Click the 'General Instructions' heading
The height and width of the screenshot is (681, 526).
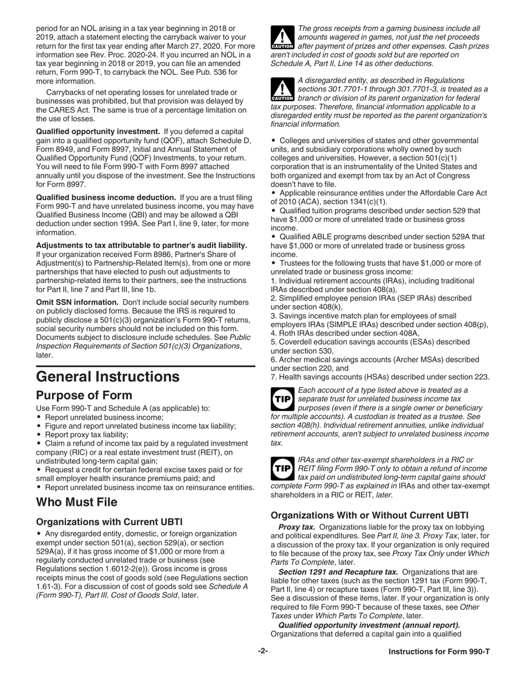click(x=107, y=377)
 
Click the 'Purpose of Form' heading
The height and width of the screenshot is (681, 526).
click(x=84, y=395)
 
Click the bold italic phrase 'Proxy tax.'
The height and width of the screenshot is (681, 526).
click(x=296, y=527)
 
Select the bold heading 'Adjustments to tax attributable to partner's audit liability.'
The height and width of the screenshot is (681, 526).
click(x=141, y=245)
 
